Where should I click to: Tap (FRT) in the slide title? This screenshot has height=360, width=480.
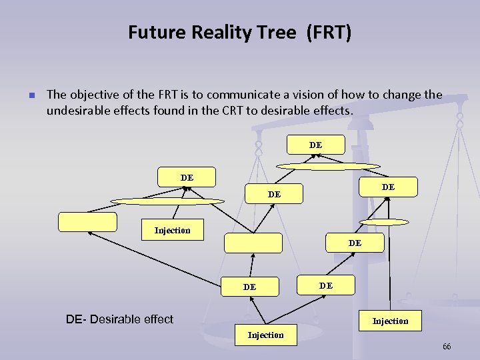328,32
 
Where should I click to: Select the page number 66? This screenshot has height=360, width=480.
447,347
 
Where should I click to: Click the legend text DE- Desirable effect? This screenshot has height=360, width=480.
119,319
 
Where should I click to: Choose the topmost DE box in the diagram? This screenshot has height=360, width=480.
315,145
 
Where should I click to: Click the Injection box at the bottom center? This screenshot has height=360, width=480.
265,335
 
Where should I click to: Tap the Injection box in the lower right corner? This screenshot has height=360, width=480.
390,321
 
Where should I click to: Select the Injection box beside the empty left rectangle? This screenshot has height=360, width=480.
172,230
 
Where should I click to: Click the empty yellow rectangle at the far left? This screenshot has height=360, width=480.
87,222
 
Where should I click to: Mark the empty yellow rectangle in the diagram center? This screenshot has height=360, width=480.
253,243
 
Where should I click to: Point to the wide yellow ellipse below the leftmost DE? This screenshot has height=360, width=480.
168,201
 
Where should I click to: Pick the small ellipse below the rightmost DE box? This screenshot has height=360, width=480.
383,221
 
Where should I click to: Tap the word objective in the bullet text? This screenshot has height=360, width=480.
94,95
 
